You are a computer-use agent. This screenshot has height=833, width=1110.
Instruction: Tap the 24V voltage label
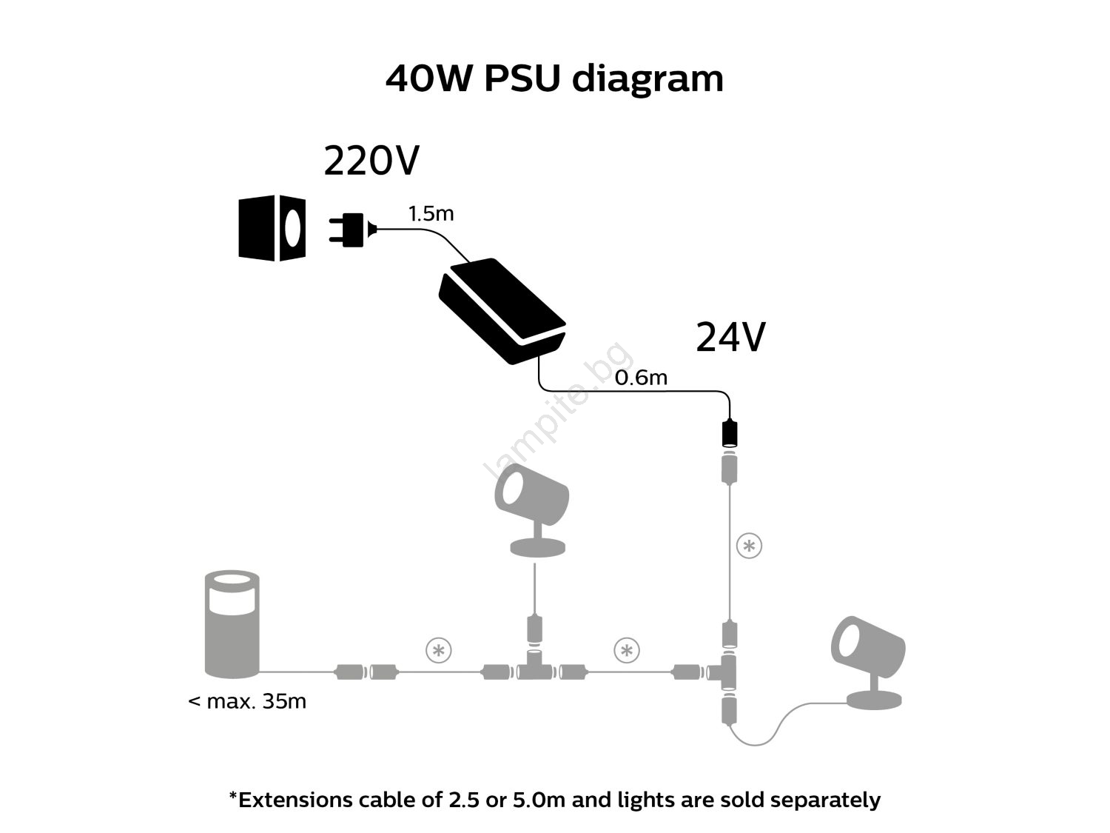pos(730,338)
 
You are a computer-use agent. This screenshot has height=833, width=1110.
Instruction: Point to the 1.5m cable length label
pos(431,214)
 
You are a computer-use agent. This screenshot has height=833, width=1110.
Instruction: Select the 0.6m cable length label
pos(641,378)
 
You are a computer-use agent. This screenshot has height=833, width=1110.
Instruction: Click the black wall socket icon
pos(272,228)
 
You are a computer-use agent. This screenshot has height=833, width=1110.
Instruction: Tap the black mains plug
pos(351,230)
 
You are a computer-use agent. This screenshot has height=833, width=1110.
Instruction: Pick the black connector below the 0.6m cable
pos(730,433)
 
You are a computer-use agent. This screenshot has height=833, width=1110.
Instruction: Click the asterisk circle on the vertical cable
pos(749,546)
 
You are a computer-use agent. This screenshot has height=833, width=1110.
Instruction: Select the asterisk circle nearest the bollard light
pos(439,651)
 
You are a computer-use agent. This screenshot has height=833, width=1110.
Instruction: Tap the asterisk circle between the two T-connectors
pos(627,651)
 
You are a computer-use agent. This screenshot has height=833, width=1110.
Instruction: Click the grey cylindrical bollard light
pos(231,623)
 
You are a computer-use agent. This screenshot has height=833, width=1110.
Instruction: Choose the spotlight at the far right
pos(869,661)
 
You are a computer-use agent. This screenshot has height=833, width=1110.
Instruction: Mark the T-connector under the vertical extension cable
pos(728,672)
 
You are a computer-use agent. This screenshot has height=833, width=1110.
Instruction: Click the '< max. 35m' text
pos(247,700)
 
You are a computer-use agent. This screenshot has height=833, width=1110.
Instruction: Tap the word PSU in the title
pos(522,78)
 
